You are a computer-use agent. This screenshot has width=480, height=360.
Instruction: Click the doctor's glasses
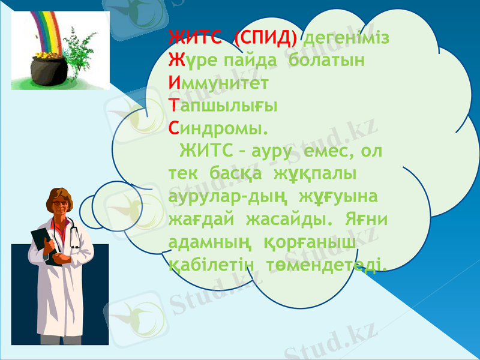[x=61, y=203]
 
